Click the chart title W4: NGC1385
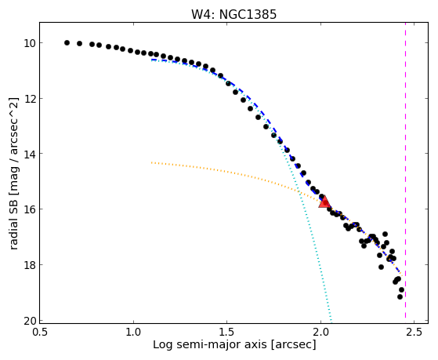[x=233, y=14]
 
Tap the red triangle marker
[x=324, y=202]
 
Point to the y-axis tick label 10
[x=29, y=43]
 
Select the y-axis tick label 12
[x=29, y=99]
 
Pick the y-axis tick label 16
[x=29, y=209]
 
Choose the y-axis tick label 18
[x=29, y=264]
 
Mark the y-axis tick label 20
[x=29, y=321]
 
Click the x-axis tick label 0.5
[x=40, y=332]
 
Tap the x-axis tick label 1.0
[x=133, y=332]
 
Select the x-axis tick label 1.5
[x=227, y=332]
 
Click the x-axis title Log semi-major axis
[x=209, y=345]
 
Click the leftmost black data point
[x=67, y=43]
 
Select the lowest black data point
[x=400, y=296]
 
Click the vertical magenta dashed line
[x=405, y=173]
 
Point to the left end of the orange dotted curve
[x=151, y=162]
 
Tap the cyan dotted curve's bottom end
[x=331, y=322]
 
